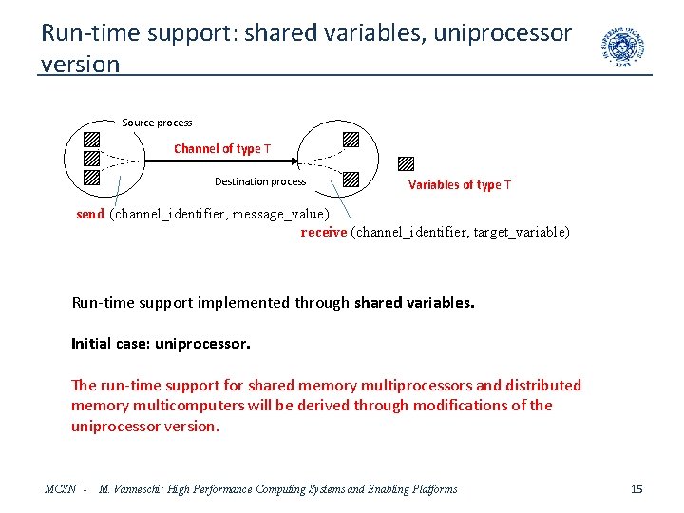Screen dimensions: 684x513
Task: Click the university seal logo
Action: coord(622,47)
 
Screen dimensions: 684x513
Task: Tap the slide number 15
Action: coord(636,489)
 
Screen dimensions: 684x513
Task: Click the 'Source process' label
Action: coord(157,123)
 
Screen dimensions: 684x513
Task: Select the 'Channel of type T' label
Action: coord(221,149)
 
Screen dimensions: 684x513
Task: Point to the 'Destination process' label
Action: coord(260,181)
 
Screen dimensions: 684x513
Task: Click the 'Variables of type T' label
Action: coord(460,185)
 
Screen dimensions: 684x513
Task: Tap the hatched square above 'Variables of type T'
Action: coord(407,162)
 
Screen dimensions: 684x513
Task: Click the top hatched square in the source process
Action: coord(92,138)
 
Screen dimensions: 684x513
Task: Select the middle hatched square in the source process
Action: coord(91,158)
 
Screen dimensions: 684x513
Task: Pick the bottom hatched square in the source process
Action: coord(91,177)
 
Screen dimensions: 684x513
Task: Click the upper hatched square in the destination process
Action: coord(351,139)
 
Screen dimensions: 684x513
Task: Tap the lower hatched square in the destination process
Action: coord(351,178)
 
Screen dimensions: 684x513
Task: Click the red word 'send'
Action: coord(90,215)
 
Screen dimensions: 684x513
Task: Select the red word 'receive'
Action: coord(324,232)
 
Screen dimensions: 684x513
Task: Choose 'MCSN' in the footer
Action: coord(61,489)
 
